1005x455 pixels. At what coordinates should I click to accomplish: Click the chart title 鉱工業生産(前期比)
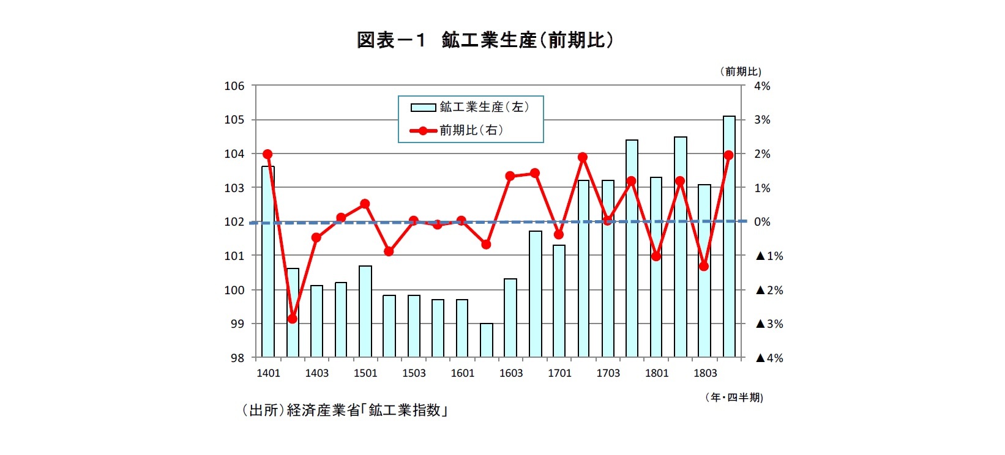pyautogui.click(x=485, y=40)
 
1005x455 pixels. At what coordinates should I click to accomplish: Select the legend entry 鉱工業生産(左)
pyautogui.click(x=470, y=107)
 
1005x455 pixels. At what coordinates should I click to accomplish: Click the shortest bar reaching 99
pyautogui.click(x=487, y=341)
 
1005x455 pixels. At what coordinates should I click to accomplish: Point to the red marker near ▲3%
pyautogui.click(x=292, y=319)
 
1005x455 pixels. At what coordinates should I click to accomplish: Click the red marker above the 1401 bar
pyautogui.click(x=267, y=154)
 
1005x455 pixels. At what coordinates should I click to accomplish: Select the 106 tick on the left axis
pyautogui.click(x=234, y=86)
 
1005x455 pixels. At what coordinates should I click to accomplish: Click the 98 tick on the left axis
pyautogui.click(x=236, y=358)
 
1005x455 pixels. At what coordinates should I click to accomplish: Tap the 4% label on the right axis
pyautogui.click(x=762, y=86)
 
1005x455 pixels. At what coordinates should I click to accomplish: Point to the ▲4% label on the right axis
pyautogui.click(x=769, y=358)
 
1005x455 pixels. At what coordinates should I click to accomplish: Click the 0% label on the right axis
pyautogui.click(x=762, y=222)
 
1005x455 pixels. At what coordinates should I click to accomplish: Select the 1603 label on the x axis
pyautogui.click(x=511, y=373)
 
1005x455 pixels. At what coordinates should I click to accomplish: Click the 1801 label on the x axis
pyautogui.click(x=657, y=373)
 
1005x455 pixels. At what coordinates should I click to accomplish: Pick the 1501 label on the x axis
pyautogui.click(x=365, y=373)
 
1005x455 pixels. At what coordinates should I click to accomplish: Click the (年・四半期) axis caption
pyautogui.click(x=734, y=398)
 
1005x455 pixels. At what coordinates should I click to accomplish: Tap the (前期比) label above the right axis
pyautogui.click(x=741, y=72)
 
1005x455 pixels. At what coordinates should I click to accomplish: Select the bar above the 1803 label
pyautogui.click(x=704, y=271)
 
